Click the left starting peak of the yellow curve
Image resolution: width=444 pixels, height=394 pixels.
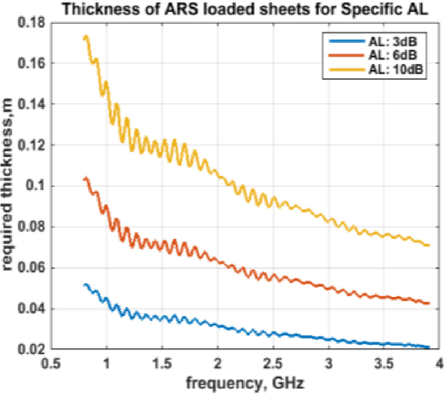(x=86, y=37)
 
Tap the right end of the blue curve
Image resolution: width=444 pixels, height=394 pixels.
(x=428, y=348)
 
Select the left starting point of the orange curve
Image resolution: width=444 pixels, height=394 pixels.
(x=85, y=179)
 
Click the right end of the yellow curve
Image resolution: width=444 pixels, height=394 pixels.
(x=428, y=245)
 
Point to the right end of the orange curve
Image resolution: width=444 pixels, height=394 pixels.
(x=428, y=303)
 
